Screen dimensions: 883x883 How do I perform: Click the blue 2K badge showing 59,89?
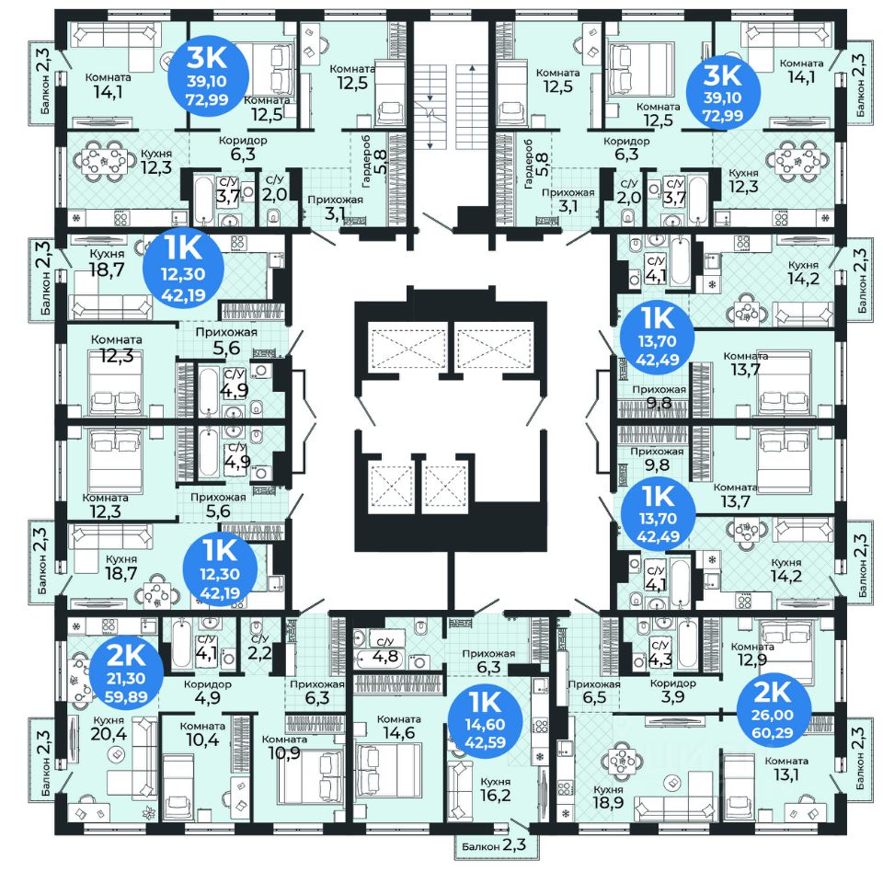coord(126,673)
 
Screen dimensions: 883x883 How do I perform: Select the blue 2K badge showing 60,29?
coord(774,707)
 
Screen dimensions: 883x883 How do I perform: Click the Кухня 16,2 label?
coord(496,789)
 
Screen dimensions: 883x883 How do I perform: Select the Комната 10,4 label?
coord(203,734)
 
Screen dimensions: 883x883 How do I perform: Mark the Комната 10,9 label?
coord(284,747)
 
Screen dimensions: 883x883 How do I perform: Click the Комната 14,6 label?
coord(398,727)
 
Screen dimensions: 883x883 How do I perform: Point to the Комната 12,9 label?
coord(752,654)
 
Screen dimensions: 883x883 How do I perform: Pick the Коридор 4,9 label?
coord(208,691)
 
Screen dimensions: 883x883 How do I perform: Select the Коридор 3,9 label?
coord(673,690)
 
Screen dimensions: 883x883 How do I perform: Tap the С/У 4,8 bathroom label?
coord(385,650)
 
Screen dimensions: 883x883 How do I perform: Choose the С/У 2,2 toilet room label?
coord(259,647)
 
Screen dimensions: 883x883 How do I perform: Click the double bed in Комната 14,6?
coord(388,770)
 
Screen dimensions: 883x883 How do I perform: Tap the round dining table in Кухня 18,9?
coord(622,762)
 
